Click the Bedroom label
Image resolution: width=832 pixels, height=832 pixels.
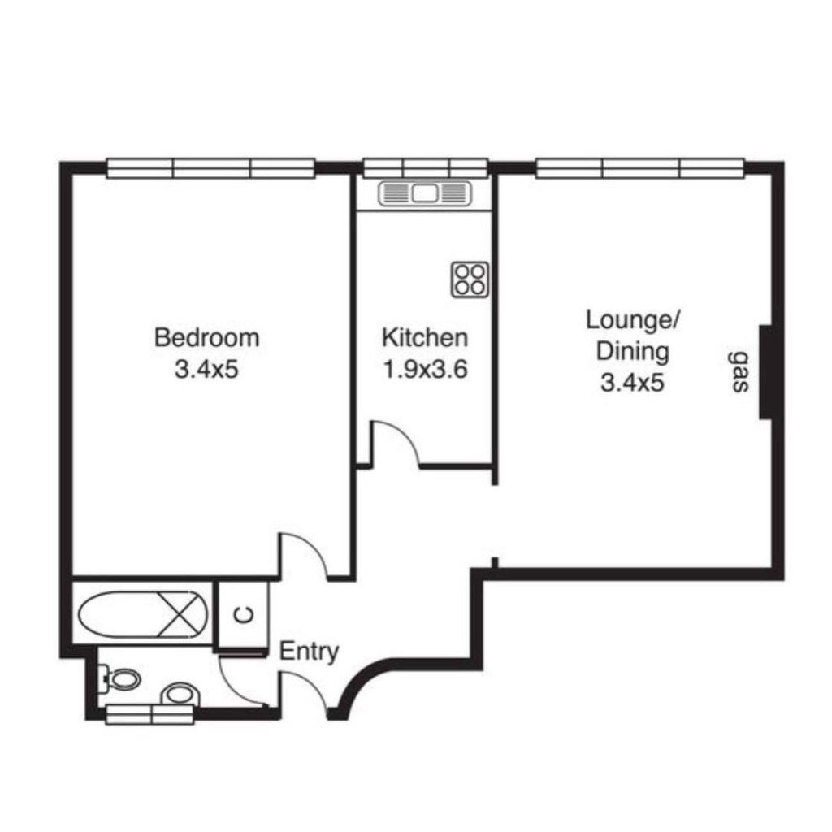(207, 338)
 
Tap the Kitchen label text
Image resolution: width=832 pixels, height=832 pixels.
(425, 338)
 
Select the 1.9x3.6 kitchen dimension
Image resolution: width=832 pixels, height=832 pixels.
(425, 370)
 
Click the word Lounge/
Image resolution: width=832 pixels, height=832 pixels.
(633, 320)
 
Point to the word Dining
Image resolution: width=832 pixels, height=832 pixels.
(632, 352)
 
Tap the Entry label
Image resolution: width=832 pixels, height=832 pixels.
(309, 652)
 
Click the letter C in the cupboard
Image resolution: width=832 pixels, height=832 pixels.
(244, 615)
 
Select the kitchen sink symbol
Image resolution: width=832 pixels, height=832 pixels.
(425, 193)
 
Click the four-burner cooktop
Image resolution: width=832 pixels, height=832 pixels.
(470, 279)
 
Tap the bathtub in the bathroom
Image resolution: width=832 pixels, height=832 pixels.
(143, 614)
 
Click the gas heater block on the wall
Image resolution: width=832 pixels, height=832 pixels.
(765, 372)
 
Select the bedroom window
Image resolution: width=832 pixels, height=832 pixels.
(211, 168)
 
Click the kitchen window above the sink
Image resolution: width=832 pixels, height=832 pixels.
(425, 167)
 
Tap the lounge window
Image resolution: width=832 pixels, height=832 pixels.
(640, 168)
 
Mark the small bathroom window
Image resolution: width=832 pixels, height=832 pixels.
(150, 714)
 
